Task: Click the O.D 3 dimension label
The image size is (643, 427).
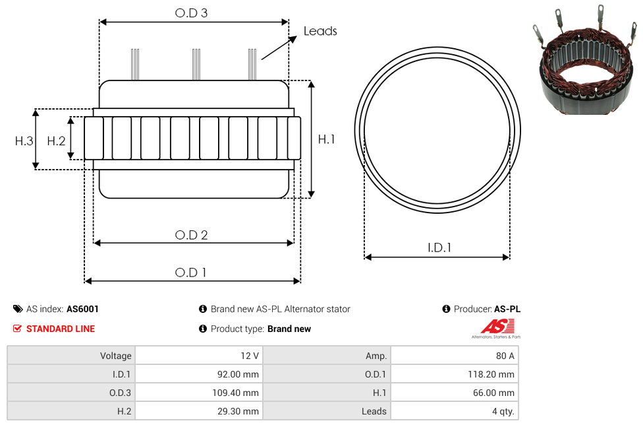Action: [191, 13]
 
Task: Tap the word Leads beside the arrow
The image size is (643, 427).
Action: [320, 31]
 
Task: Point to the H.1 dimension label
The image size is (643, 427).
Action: [326, 139]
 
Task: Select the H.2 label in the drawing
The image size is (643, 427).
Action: [56, 141]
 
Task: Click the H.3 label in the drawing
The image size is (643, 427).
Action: [24, 141]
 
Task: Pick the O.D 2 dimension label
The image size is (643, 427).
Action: [191, 235]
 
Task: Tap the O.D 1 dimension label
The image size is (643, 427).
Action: [190, 273]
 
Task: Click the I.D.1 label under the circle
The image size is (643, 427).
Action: [439, 247]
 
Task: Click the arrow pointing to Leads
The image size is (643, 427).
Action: [279, 48]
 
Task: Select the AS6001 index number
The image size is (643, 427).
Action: [82, 309]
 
